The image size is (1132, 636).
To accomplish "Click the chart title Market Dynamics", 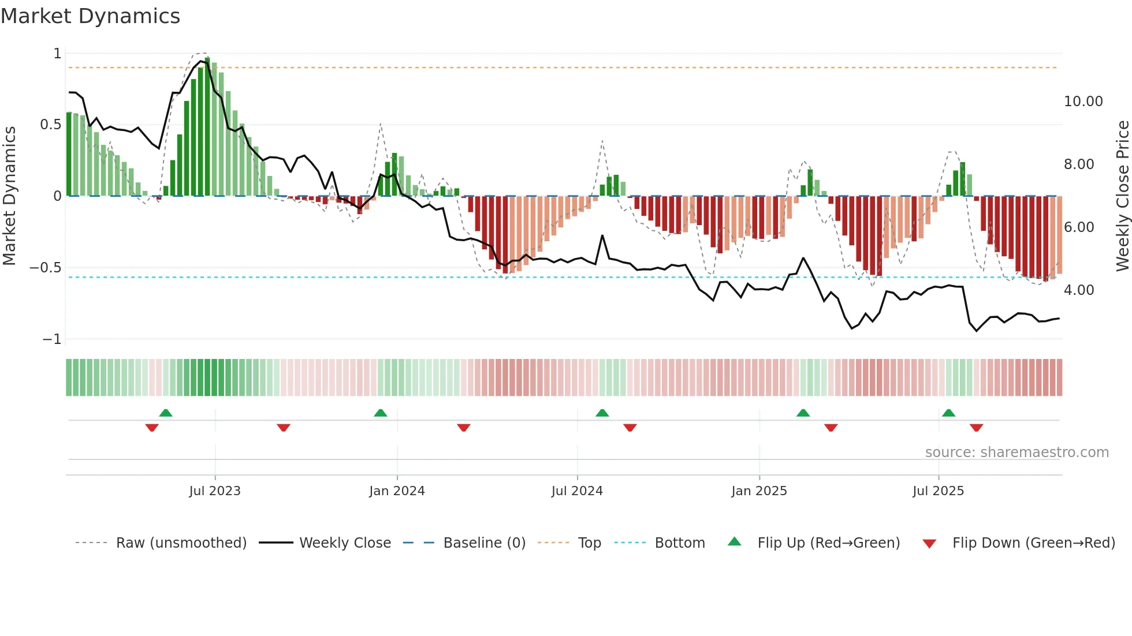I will click(90, 16).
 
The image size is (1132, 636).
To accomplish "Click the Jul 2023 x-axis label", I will click(214, 491).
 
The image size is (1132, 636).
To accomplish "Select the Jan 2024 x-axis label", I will click(397, 491).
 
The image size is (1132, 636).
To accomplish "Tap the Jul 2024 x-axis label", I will click(577, 491).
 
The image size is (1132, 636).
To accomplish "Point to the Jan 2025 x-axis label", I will click(759, 491).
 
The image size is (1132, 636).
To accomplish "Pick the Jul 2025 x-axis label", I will click(938, 491).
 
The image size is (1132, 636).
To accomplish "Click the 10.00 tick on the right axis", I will click(1083, 102).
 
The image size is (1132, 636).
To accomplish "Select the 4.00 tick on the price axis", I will click(1078, 290).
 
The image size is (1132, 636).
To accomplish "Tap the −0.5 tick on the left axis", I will click(45, 268).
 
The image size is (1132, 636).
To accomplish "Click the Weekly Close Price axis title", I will click(1122, 196).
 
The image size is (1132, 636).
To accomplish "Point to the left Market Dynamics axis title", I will click(9, 196).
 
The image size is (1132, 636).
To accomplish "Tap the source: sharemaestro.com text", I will click(1016, 452).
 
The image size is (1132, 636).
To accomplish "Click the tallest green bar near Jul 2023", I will click(207, 127).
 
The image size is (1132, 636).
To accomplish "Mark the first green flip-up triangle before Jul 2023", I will click(166, 413).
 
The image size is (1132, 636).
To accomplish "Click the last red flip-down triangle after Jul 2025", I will click(976, 428).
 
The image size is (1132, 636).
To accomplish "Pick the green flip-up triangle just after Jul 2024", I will click(602, 413).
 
